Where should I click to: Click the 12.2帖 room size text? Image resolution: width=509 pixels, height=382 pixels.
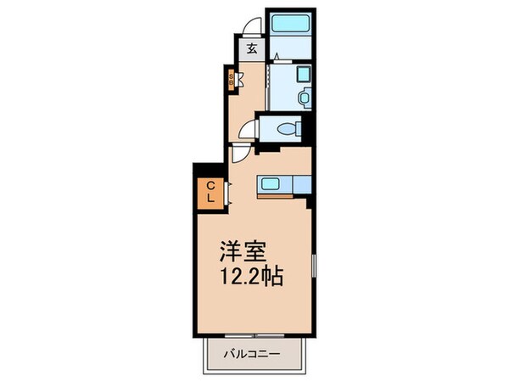click(249, 276)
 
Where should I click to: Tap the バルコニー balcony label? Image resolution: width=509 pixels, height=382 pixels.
click(253, 352)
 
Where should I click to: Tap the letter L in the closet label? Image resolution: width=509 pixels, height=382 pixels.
click(209, 199)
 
